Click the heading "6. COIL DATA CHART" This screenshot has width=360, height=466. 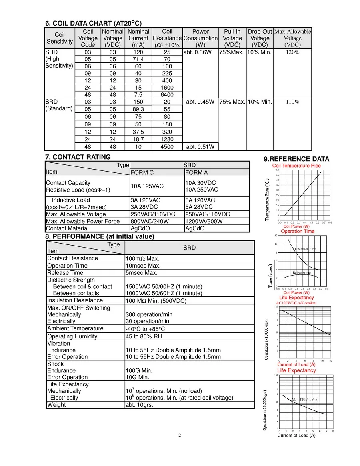pyautogui.click(x=93, y=23)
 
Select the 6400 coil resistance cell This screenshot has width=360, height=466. pyautogui.click(x=167, y=94)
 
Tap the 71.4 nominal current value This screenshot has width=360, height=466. pyautogui.click(x=138, y=59)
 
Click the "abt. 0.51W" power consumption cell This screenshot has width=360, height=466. pyautogui.click(x=200, y=146)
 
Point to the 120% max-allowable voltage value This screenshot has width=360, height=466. pyautogui.click(x=292, y=52)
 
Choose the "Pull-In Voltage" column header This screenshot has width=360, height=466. pyautogui.click(x=232, y=38)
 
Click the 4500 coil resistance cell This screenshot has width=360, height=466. pyautogui.click(x=167, y=146)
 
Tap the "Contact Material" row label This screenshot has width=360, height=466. pyautogui.click(x=67, y=228)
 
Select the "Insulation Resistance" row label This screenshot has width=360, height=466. pyautogui.click(x=75, y=300)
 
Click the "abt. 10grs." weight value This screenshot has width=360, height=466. pyautogui.click(x=140, y=405)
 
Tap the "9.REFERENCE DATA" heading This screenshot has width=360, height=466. pyautogui.click(x=296, y=159)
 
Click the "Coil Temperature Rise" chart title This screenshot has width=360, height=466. pyautogui.click(x=296, y=166)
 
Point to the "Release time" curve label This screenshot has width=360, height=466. pyautogui.click(x=302, y=273)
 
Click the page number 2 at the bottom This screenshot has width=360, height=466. pyautogui.click(x=180, y=435)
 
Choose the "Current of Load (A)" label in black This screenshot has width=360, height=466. pyautogui.click(x=296, y=435)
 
